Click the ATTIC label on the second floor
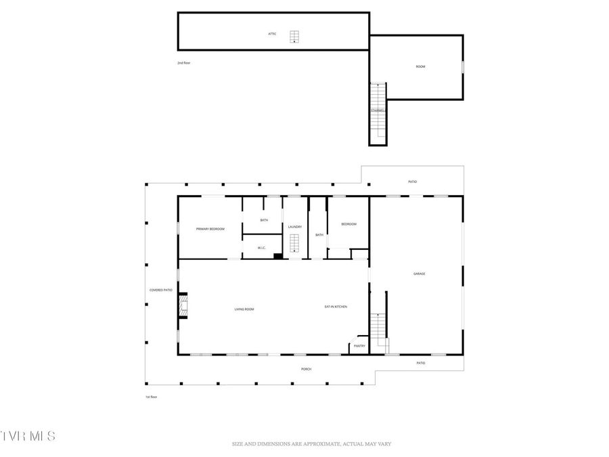pyautogui.click(x=272, y=34)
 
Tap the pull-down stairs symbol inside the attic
pyautogui.click(x=294, y=37)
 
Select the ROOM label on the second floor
pyautogui.click(x=420, y=66)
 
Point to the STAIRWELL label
pyautogui.click(x=378, y=111)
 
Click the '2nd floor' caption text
pyautogui.click(x=184, y=62)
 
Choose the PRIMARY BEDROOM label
pyautogui.click(x=210, y=230)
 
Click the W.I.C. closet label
pyautogui.click(x=262, y=248)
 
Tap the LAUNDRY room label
pyautogui.click(x=294, y=227)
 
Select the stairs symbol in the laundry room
pyautogui.click(x=294, y=243)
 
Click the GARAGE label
pyautogui.click(x=420, y=274)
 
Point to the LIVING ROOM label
pyautogui.click(x=244, y=309)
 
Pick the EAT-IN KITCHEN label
pyautogui.click(x=336, y=307)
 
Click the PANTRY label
pyautogui.click(x=359, y=346)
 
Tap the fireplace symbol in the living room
pyautogui.click(x=182, y=305)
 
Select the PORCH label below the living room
pyautogui.click(x=307, y=369)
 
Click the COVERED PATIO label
pyautogui.click(x=161, y=290)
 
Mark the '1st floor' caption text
pyautogui.click(x=152, y=397)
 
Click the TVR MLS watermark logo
pyautogui.click(x=28, y=435)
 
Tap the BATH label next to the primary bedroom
pyautogui.click(x=264, y=220)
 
